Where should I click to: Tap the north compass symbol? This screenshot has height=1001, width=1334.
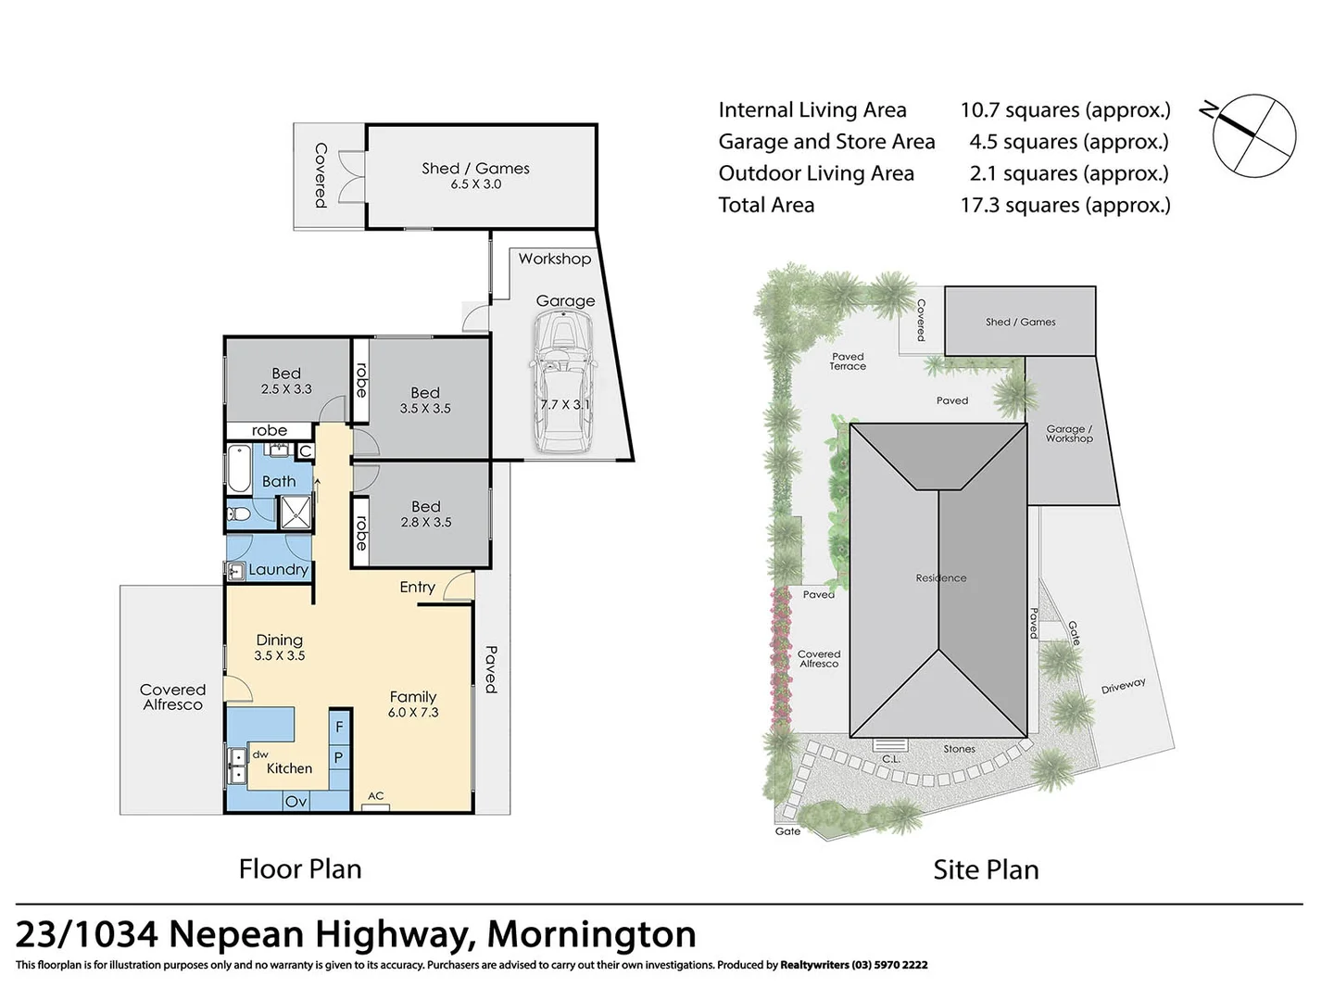coord(1253,135)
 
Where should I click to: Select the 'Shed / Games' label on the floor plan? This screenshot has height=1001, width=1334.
coord(475,169)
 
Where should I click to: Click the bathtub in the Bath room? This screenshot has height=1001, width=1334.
coord(238,470)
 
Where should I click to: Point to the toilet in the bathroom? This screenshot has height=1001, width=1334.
coord(239,513)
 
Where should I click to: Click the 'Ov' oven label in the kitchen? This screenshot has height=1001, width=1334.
coord(296,801)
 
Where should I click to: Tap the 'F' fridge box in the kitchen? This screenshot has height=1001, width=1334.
coord(339,728)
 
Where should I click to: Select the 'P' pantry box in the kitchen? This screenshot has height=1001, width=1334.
coord(339,758)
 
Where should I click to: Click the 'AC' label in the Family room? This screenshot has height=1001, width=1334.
coord(376,796)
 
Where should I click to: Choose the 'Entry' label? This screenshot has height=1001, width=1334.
coord(417,587)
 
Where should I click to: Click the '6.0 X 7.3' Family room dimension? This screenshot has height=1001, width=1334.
coord(413,713)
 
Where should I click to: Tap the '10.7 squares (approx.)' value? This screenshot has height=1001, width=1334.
coord(1065,110)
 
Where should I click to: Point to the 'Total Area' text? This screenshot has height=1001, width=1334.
coord(766,205)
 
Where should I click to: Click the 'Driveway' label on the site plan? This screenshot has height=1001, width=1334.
coord(1123,687)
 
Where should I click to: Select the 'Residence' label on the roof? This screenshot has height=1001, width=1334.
coord(941,577)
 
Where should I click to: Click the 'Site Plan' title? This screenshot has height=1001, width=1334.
coord(986,869)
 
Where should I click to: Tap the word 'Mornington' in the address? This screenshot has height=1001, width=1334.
coord(592,934)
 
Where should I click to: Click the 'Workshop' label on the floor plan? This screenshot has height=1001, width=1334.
coord(554,259)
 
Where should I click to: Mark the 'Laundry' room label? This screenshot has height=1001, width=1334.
coord(278,570)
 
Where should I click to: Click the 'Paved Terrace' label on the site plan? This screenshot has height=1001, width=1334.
coord(848,361)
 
